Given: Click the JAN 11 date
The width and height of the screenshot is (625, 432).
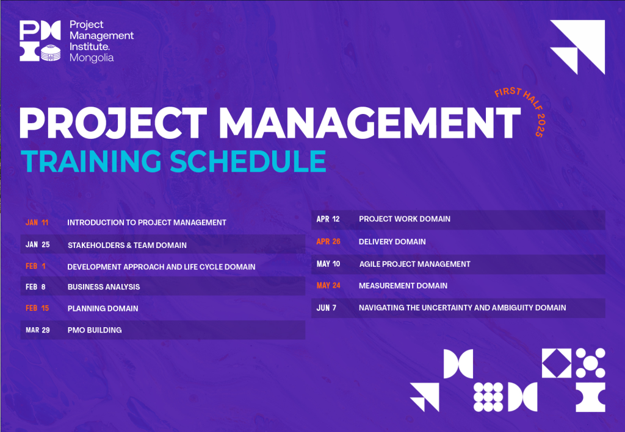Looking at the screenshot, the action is [x=37, y=222].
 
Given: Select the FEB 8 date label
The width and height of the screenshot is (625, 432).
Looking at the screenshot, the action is [x=35, y=287].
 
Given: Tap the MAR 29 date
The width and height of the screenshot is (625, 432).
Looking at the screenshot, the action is [x=38, y=330].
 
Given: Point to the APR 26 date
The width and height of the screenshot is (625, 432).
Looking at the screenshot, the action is [x=328, y=241].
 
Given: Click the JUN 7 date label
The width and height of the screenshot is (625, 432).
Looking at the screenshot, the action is [x=327, y=308].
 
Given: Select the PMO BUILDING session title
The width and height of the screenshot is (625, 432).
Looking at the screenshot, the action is [x=95, y=330].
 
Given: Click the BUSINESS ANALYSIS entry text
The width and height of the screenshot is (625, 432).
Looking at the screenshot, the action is [x=104, y=287].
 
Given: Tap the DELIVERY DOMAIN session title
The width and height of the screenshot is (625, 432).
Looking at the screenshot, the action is [x=392, y=241].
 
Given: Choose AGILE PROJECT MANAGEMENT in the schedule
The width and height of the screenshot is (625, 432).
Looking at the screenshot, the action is [x=414, y=264].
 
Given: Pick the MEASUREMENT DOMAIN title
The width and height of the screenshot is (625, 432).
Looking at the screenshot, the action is [x=403, y=286].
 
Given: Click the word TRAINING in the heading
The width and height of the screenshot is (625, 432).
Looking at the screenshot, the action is [x=92, y=161].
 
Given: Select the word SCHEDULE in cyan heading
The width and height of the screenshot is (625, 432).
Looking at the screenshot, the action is [x=248, y=161].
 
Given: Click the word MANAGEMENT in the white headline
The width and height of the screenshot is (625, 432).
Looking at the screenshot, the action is [x=370, y=122].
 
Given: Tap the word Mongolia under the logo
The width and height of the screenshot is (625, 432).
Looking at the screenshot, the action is [x=92, y=58].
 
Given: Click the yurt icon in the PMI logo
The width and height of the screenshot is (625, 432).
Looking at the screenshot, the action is [x=51, y=53].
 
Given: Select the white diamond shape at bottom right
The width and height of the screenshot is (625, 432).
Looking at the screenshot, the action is [x=557, y=363].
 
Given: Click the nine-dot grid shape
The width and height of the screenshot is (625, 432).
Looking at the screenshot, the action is [x=488, y=397].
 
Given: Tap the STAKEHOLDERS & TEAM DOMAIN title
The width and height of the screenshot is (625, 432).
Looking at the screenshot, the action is [x=127, y=245].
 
